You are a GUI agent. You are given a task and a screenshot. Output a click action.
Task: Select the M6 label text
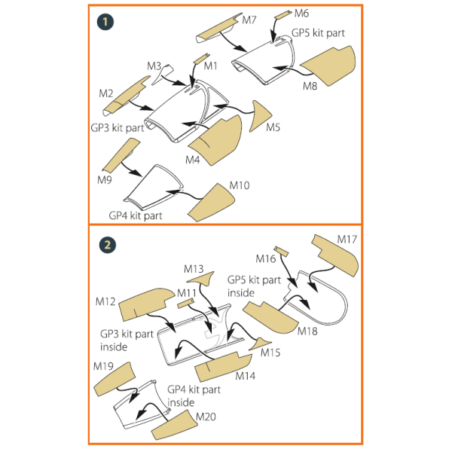301,14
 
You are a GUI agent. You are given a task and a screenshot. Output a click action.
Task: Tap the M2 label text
105,93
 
